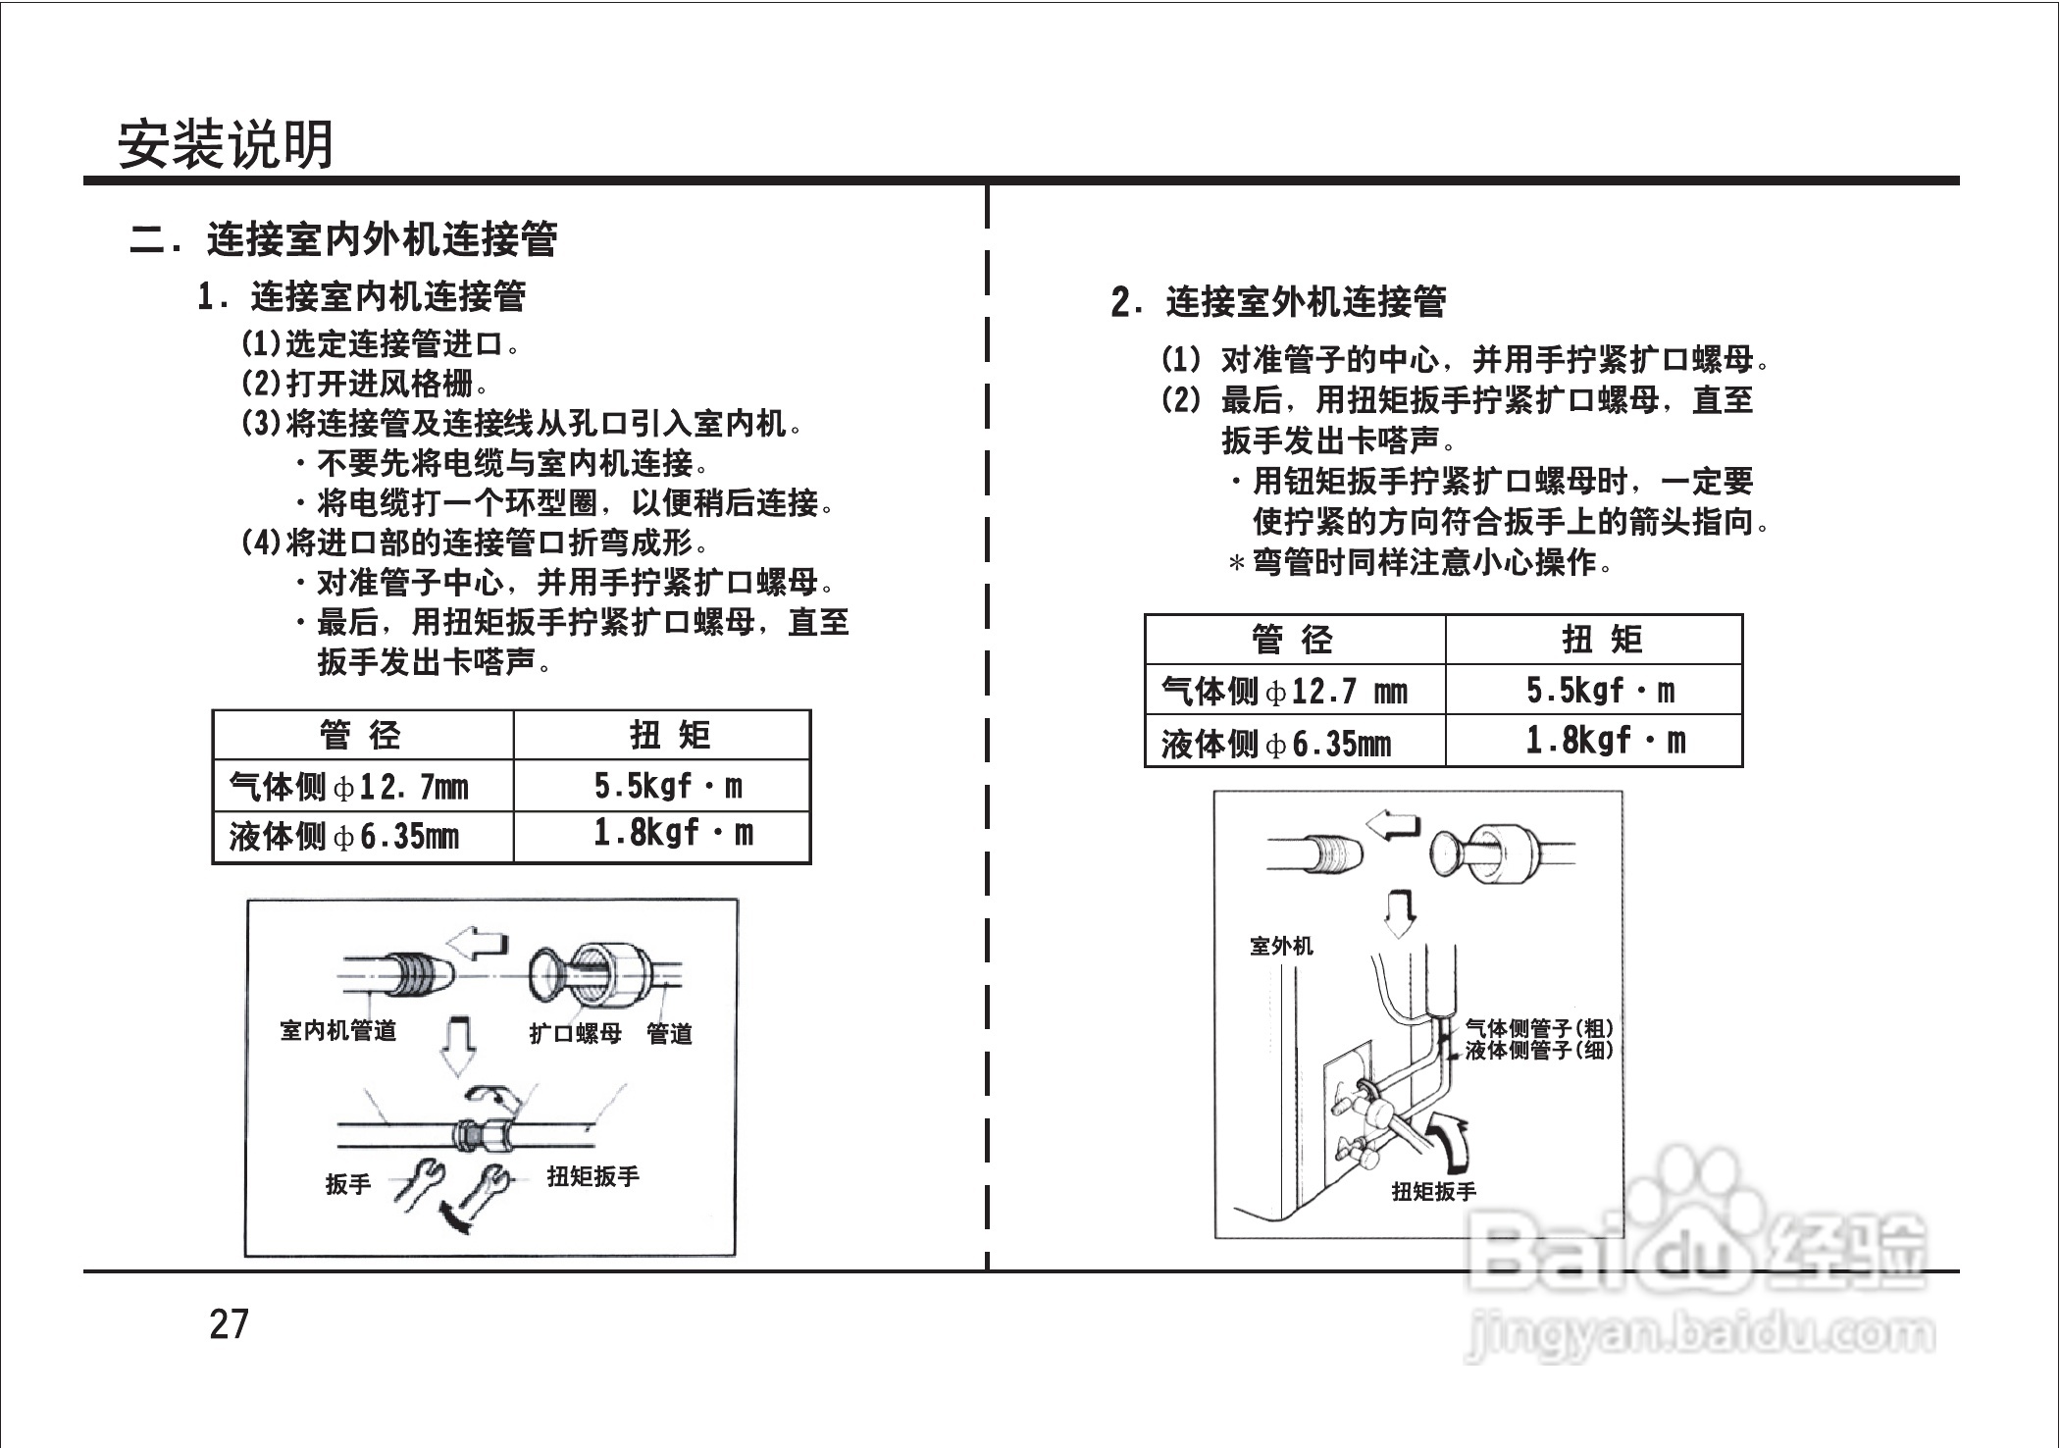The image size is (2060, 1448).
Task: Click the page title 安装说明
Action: click(226, 145)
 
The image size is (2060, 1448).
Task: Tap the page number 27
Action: click(230, 1324)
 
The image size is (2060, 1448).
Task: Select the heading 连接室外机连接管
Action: click(1305, 302)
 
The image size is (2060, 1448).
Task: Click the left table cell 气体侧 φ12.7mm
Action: click(349, 787)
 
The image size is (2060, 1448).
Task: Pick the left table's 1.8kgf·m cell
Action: click(673, 835)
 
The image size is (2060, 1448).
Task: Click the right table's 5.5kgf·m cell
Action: click(1600, 692)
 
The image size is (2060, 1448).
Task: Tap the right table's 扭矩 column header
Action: click(1602, 641)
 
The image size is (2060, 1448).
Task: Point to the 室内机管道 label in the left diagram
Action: click(338, 1030)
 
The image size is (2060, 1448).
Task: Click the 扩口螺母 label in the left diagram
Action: click(575, 1033)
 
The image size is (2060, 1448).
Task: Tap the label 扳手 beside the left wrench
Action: click(348, 1184)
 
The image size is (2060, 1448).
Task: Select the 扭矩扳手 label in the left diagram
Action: click(592, 1176)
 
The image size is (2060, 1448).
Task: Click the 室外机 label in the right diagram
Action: click(1281, 946)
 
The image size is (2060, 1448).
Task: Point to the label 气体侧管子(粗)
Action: click(1538, 1028)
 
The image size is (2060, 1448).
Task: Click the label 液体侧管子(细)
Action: click(1538, 1050)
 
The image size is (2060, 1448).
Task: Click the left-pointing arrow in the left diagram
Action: click(478, 944)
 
